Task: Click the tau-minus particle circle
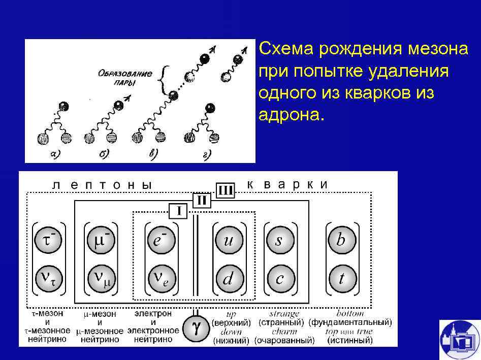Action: pos(49,240)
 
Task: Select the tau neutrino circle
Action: pos(49,278)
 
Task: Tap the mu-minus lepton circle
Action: pos(102,240)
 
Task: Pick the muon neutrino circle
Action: pos(102,278)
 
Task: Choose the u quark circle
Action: pos(228,240)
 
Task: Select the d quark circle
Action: pos(228,278)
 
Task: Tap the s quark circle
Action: pos(279,240)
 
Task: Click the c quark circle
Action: pos(279,278)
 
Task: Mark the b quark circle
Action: pos(341,240)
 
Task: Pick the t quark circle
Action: pos(341,278)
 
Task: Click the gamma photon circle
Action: pos(195,329)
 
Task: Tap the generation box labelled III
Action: pos(225,190)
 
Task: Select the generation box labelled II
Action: pos(201,201)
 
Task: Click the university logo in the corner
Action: pos(459,339)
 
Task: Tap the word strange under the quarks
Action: pos(284,314)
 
